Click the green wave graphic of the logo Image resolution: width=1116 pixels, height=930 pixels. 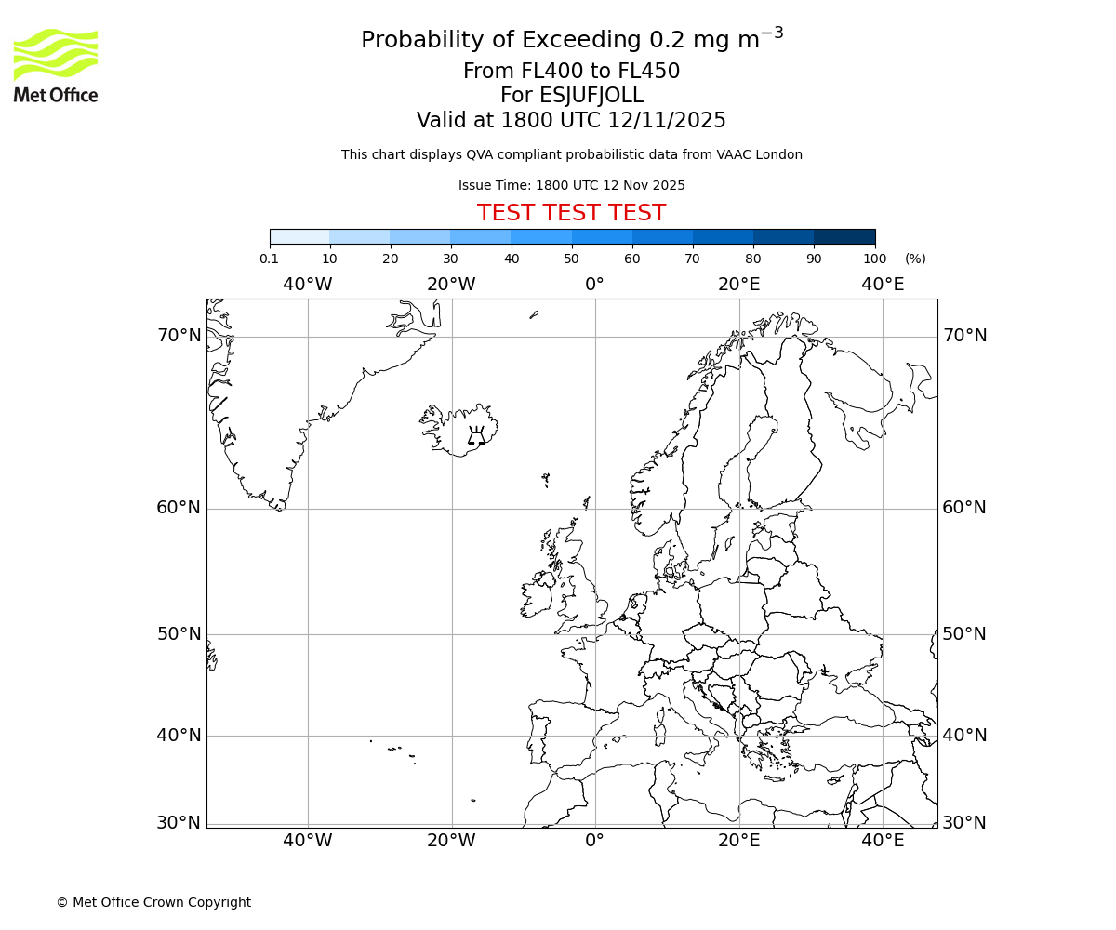click(56, 54)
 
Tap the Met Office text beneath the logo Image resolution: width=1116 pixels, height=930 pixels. click(56, 95)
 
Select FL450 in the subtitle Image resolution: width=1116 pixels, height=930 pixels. click(648, 72)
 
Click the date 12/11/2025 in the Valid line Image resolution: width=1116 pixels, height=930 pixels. click(667, 121)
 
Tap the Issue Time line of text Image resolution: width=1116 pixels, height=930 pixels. click(571, 186)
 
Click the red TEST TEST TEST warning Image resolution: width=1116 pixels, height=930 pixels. click(571, 214)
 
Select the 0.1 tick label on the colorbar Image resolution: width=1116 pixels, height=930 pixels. click(269, 259)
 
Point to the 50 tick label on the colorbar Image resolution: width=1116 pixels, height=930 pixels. click(571, 259)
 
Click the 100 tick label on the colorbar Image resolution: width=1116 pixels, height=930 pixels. click(874, 259)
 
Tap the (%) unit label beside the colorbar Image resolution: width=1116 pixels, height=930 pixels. click(915, 259)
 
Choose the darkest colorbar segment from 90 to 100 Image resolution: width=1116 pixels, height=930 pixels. click(844, 237)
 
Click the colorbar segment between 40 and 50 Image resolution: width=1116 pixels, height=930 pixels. click(541, 237)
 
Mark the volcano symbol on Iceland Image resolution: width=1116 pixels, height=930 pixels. click(476, 435)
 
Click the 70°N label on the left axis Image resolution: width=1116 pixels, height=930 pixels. click(179, 336)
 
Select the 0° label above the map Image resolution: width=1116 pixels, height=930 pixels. click(594, 285)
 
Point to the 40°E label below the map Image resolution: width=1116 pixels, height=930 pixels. click(882, 842)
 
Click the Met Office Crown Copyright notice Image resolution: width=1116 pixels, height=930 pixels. click(153, 903)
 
